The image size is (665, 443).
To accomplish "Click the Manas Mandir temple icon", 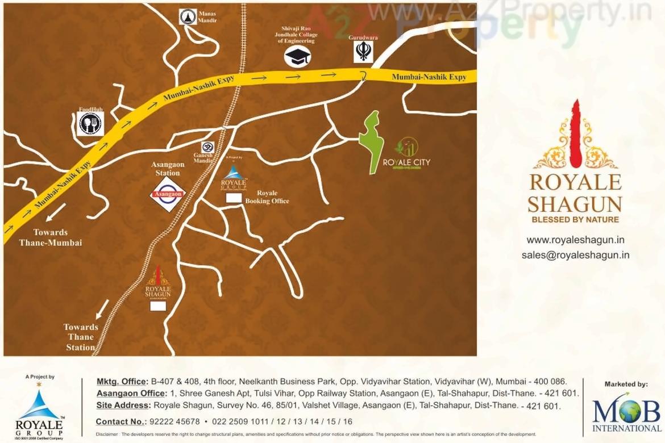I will click(188, 17).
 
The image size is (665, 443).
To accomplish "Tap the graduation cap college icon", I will click(297, 56).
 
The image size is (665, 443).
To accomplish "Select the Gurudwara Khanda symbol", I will click(363, 52).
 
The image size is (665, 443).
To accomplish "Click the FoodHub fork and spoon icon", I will click(90, 123).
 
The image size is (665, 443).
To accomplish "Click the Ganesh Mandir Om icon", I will click(208, 147).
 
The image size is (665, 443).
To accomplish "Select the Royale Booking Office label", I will click(267, 197).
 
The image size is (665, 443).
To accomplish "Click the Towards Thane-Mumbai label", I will click(51, 237).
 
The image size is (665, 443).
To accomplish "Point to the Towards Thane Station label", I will click(81, 337).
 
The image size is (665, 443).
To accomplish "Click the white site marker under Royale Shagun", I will click(157, 306).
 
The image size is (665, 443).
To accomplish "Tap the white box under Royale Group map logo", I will click(234, 198).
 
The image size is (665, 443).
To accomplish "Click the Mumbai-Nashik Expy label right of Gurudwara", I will click(429, 77).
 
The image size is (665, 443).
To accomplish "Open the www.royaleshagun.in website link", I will click(575, 240).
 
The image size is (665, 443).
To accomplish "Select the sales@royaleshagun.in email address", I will click(575, 255).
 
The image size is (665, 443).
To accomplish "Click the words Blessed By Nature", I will click(575, 219).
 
